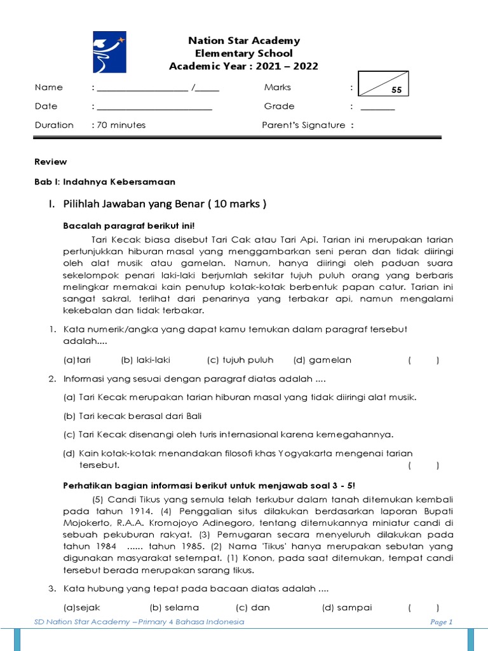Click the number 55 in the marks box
point(397,91)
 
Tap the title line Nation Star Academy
point(244,41)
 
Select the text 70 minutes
point(121,125)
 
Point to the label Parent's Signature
point(304,125)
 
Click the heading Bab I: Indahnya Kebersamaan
point(104,182)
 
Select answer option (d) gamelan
point(322,360)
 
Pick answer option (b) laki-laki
point(146,360)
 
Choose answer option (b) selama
point(174,607)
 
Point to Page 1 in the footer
point(441,622)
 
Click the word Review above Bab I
point(51,161)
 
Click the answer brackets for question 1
point(423,360)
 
